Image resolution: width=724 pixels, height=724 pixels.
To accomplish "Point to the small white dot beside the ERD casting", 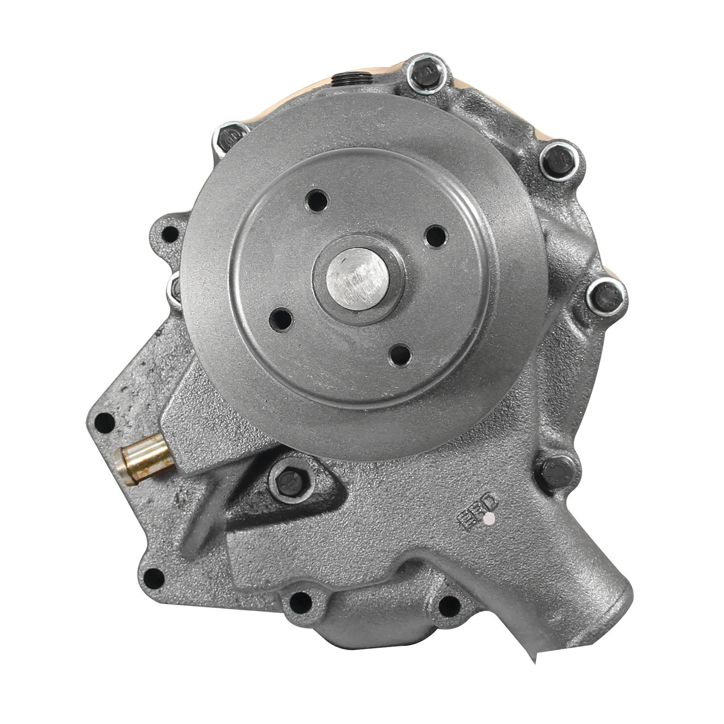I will pos(488,519).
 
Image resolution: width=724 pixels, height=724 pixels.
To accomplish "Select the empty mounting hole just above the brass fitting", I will pos(105,422).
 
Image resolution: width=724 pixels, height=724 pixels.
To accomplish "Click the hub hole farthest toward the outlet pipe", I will pos(400,354).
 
